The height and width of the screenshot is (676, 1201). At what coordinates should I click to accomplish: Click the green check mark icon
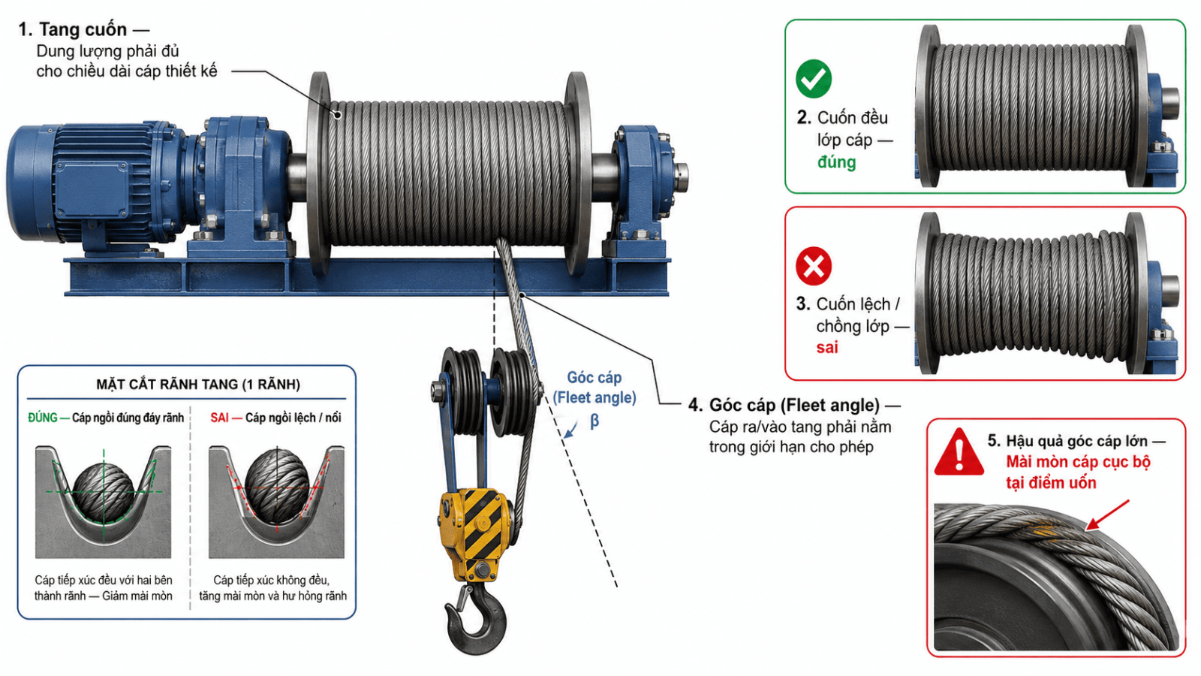click(x=814, y=79)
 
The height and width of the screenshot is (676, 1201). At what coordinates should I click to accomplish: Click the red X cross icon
click(x=814, y=266)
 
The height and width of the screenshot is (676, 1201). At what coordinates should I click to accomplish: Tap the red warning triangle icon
click(x=959, y=453)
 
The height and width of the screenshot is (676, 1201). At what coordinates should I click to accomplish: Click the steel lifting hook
click(x=475, y=617)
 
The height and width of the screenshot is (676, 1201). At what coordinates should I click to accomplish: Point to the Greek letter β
click(x=594, y=421)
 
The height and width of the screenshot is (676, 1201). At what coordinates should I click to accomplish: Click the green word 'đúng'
click(x=836, y=162)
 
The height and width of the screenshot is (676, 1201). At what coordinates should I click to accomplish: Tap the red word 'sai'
click(x=826, y=348)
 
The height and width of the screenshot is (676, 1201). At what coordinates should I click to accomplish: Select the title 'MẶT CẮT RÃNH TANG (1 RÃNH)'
click(x=198, y=384)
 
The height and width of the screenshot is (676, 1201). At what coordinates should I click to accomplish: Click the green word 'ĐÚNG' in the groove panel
click(x=42, y=418)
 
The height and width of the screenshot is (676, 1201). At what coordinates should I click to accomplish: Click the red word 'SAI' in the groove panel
click(x=219, y=418)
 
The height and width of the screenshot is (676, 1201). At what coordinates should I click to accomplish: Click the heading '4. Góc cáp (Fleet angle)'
click(x=784, y=405)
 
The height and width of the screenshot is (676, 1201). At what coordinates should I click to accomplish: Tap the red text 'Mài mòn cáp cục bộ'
click(x=1078, y=462)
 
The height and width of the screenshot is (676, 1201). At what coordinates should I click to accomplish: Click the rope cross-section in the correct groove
click(x=103, y=492)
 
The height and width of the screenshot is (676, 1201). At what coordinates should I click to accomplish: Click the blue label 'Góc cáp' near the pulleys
click(x=594, y=378)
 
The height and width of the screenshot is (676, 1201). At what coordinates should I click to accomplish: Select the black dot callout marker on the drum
click(x=338, y=114)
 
